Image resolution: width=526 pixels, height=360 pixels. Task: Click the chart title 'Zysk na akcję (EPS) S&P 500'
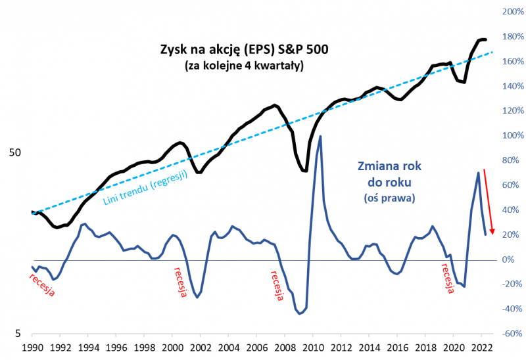coord(244,49)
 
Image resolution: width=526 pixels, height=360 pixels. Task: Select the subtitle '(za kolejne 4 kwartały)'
coord(244,66)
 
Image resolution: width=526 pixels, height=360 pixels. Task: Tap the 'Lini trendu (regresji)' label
coord(146,189)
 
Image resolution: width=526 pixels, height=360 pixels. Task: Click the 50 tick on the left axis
coord(14,152)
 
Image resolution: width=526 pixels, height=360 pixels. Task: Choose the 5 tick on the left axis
coord(18,334)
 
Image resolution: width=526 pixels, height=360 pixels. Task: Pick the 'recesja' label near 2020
coord(446,279)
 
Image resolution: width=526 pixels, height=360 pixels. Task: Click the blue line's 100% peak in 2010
coord(320,136)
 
